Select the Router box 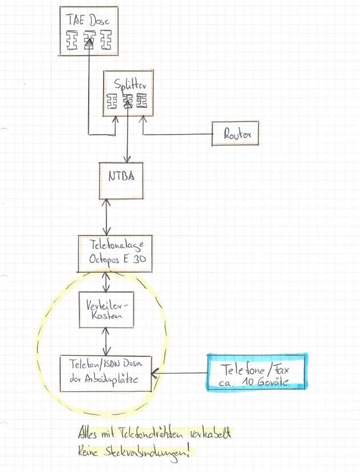tap(235, 135)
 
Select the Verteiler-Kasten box tap(107, 310)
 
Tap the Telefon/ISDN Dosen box tap(106, 373)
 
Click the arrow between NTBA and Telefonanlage tap(105, 217)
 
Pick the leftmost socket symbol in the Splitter tap(112, 102)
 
